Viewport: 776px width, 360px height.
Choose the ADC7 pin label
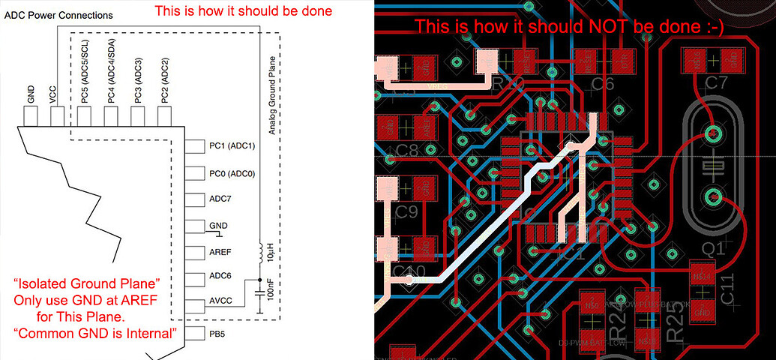[x=221, y=199]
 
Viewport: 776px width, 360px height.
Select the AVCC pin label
[x=222, y=302]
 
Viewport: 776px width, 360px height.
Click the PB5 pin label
[x=218, y=331]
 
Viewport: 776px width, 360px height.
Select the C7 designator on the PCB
[x=717, y=82]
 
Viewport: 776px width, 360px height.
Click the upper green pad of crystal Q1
[x=712, y=136]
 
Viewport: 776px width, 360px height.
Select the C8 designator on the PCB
[x=407, y=149]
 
